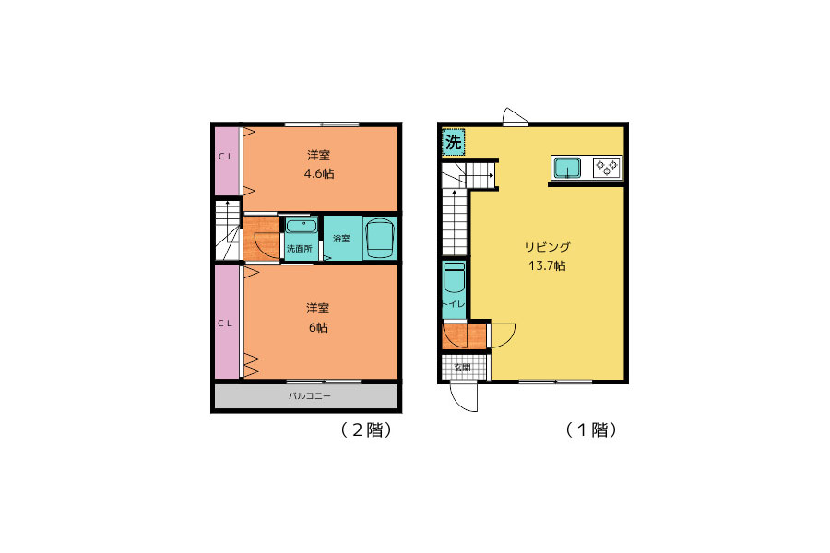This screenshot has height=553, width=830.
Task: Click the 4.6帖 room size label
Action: coord(319,173)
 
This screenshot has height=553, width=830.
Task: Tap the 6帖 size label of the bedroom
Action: coord(319,327)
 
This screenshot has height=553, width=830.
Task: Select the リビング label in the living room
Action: coord(547,247)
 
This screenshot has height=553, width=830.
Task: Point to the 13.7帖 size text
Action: coord(547,265)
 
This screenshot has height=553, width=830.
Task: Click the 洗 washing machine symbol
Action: coord(454,142)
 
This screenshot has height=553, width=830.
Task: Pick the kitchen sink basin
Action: coord(567,169)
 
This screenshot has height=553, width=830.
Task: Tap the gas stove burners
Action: coord(607,168)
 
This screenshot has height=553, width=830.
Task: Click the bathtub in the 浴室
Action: coord(380,238)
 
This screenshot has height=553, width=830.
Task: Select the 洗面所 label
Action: coord(300,248)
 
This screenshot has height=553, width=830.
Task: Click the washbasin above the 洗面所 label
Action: coord(302,227)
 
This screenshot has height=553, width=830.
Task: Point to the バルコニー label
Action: coord(310,395)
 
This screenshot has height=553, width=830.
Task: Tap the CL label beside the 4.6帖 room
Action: coord(226,157)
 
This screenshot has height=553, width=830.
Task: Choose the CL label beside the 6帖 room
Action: coord(226,324)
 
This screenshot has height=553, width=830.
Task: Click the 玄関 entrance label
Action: coord(462,367)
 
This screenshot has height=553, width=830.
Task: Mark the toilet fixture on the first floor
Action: coord(454,277)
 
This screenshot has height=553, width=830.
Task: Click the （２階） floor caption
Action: coord(366,429)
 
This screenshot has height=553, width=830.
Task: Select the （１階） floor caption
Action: coord(591,429)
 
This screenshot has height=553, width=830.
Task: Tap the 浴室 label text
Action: coord(341,239)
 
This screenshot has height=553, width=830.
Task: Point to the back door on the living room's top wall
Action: coord(515,117)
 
